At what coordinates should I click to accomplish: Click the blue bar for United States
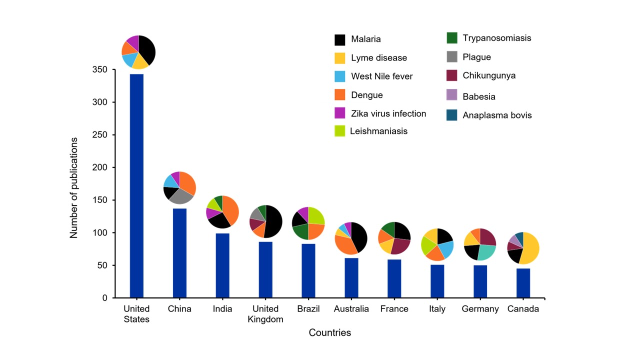[136, 185]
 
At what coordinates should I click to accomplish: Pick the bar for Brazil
[308, 270]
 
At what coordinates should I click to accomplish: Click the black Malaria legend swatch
[340, 39]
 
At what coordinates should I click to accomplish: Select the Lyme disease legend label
[379, 58]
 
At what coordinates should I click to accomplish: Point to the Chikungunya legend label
[489, 76]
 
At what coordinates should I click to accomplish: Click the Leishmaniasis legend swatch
[340, 131]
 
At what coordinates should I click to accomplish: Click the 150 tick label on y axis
[100, 200]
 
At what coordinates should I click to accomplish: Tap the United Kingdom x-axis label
[265, 314]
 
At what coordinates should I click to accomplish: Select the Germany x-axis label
[480, 309]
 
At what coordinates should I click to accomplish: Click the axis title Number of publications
[74, 187]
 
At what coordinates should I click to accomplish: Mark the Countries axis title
[329, 332]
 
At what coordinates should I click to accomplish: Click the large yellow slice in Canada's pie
[531, 247]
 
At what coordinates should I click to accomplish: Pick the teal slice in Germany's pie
[486, 252]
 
